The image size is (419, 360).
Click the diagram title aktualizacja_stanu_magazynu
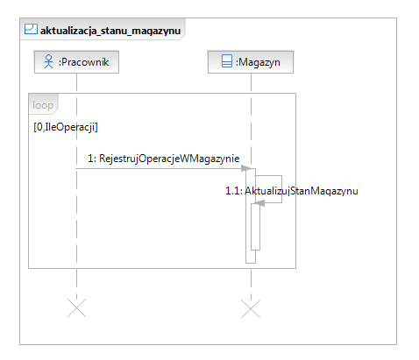click(x=110, y=31)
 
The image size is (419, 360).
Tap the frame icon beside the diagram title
click(x=31, y=29)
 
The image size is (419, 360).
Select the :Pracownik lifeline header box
click(x=76, y=62)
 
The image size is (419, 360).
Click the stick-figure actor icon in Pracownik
click(x=49, y=61)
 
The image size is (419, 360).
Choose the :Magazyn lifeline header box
click(x=251, y=62)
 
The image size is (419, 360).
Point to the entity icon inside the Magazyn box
click(x=227, y=61)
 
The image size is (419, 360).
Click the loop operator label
click(x=43, y=105)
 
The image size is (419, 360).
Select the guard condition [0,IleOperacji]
click(x=66, y=127)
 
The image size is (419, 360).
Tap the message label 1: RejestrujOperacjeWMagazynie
click(x=164, y=159)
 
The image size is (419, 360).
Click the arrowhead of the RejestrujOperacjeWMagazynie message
click(x=246, y=168)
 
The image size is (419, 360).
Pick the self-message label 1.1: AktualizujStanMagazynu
click(x=292, y=191)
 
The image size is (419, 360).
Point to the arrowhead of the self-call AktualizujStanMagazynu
click(x=259, y=203)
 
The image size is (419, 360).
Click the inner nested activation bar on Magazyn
click(x=255, y=227)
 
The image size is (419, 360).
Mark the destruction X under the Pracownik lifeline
click(x=76, y=307)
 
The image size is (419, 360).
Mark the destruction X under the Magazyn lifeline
click(x=251, y=308)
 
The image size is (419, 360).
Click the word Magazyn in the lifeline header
click(x=259, y=62)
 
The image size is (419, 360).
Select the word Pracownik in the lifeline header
click(x=85, y=62)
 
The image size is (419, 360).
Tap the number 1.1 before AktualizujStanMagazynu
click(x=232, y=191)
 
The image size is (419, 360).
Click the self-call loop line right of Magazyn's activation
click(x=281, y=189)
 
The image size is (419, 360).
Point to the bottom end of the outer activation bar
click(x=251, y=263)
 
